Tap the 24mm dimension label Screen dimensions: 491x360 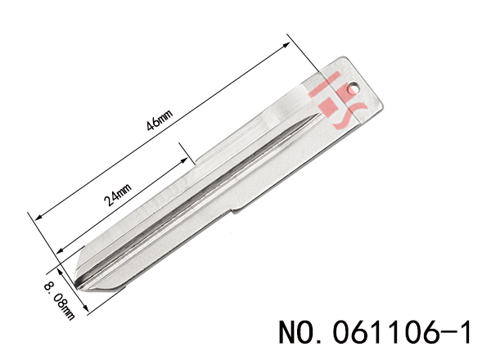(118, 195)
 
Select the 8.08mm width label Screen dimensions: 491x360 (60, 300)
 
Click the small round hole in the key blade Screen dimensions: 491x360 (353, 88)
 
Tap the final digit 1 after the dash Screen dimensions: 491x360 (465, 332)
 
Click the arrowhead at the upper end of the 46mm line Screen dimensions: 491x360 (286, 45)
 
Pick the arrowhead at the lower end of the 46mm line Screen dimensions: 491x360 (38, 217)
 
